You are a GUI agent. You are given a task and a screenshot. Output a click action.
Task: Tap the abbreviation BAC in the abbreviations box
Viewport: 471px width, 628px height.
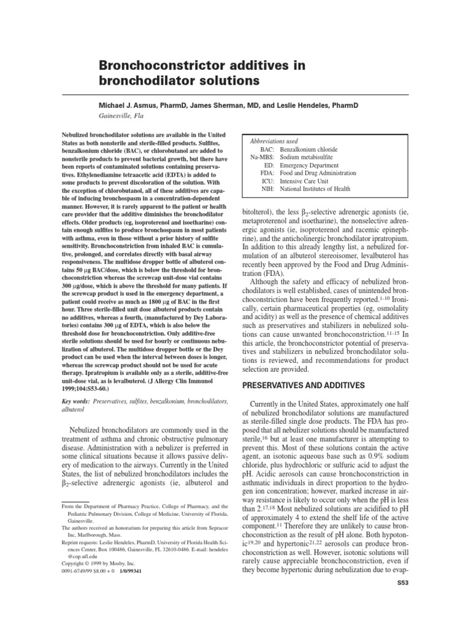266,150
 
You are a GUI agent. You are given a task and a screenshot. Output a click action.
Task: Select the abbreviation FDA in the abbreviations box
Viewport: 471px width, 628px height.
266,174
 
